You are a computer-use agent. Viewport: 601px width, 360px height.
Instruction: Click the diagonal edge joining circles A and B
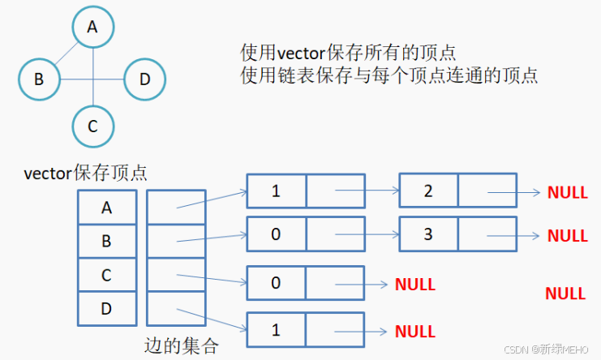(x=67, y=54)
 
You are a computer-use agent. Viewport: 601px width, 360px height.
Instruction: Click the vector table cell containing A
(x=107, y=208)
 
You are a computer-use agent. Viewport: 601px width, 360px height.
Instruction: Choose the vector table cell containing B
(x=107, y=242)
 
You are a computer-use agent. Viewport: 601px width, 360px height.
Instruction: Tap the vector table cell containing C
(x=107, y=275)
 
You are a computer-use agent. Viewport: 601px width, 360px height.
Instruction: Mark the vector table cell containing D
(x=107, y=309)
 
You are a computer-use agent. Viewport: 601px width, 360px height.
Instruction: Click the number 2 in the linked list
(x=428, y=191)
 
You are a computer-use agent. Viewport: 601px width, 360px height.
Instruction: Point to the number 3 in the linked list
(x=428, y=234)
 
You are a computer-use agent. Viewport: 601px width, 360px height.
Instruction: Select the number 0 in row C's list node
(x=276, y=283)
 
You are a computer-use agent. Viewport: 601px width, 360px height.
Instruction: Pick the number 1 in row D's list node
(x=276, y=330)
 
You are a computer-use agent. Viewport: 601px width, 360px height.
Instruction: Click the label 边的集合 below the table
(x=182, y=346)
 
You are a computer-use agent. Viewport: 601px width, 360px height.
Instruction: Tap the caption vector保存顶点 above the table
(x=85, y=173)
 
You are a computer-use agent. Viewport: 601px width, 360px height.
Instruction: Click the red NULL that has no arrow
(x=565, y=294)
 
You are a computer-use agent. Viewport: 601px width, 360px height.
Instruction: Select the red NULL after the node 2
(x=568, y=192)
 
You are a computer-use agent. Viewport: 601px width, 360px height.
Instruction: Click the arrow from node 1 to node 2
(x=367, y=190)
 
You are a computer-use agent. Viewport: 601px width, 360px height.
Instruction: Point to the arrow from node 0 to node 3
(x=367, y=234)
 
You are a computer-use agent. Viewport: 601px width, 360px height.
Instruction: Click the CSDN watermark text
(x=546, y=349)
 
